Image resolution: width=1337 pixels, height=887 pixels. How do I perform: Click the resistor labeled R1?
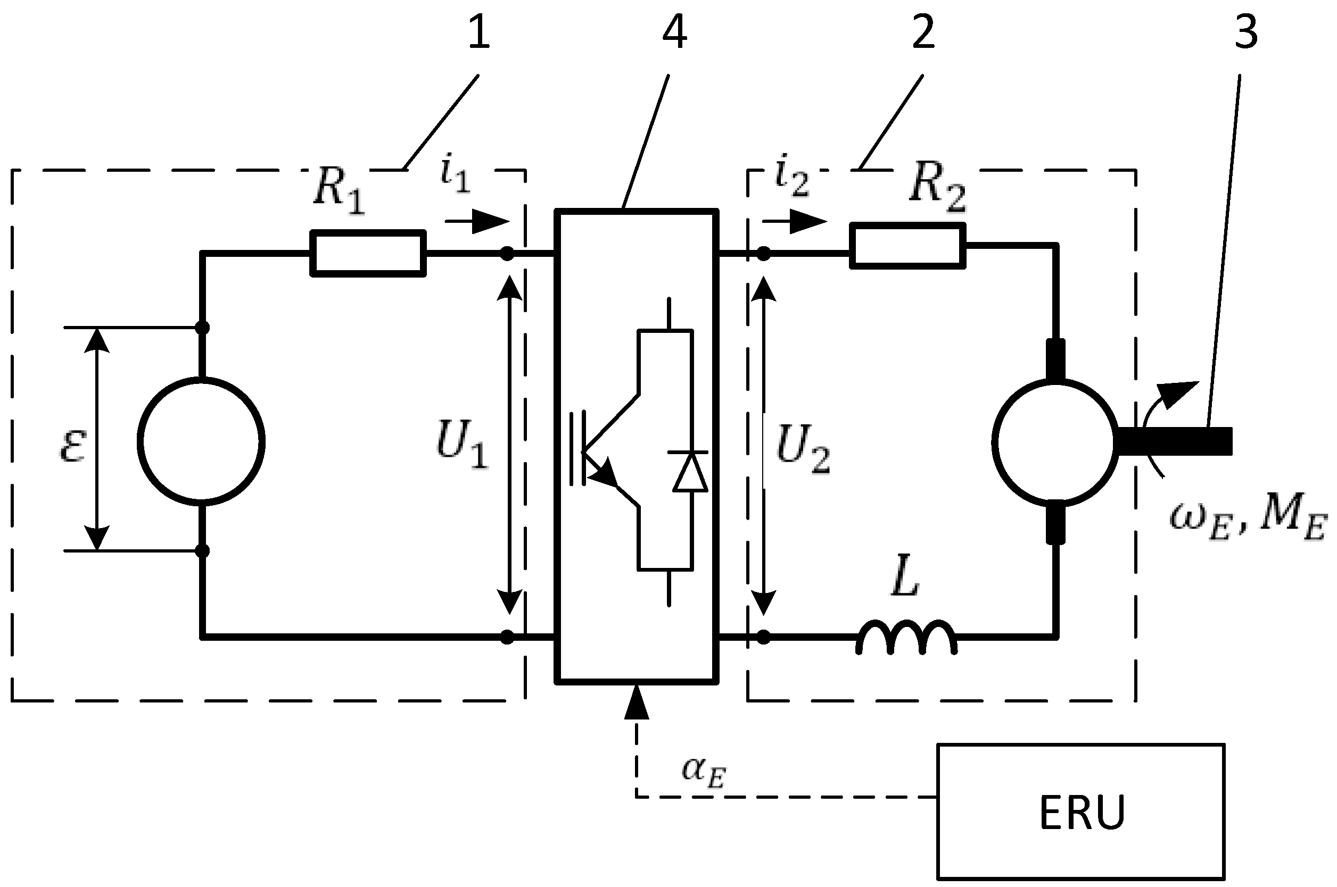point(368,254)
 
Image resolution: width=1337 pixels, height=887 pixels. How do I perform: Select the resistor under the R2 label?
point(907,246)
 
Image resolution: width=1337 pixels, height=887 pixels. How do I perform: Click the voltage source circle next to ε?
point(201,441)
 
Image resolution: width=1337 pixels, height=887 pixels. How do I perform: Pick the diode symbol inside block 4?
point(690,472)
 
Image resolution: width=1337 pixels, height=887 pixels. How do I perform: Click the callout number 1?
point(479,32)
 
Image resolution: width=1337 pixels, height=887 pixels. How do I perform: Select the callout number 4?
point(675,32)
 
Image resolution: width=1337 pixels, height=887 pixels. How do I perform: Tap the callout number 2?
point(923,32)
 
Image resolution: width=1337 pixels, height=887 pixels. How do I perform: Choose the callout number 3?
point(1246,32)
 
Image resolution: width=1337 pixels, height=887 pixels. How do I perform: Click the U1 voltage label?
point(461,447)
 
